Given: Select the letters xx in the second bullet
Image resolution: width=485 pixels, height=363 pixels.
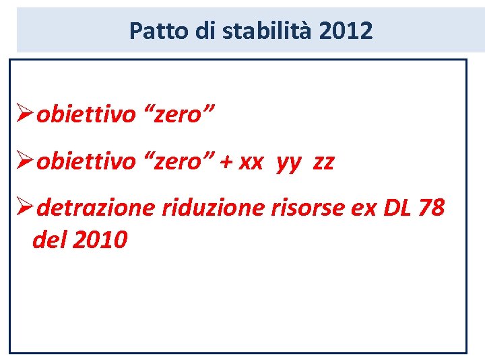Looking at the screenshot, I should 250,163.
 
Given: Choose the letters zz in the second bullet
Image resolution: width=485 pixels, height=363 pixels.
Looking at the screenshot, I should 323,163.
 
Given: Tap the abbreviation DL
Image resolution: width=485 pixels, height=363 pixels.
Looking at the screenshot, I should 396,208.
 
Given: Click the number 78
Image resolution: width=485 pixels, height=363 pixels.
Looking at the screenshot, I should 431,208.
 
